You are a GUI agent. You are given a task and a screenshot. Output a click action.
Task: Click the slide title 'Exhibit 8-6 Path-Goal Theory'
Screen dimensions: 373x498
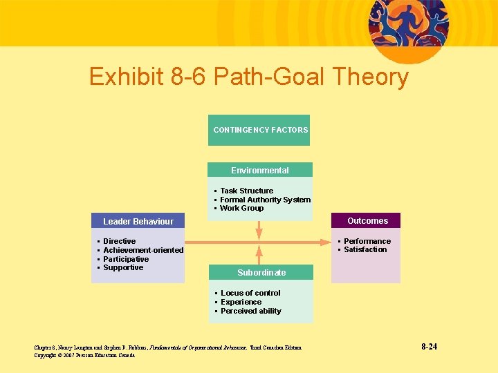pyautogui.click(x=249, y=77)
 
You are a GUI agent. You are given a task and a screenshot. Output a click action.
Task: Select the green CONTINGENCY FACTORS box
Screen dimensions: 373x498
pyautogui.click(x=259, y=130)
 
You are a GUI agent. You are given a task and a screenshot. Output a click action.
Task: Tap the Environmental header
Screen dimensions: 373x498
pyautogui.click(x=260, y=170)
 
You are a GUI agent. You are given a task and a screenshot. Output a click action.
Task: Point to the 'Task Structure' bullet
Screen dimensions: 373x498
pyautogui.click(x=246, y=191)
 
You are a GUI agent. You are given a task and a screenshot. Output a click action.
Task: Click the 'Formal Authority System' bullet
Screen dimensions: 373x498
pyautogui.click(x=265, y=200)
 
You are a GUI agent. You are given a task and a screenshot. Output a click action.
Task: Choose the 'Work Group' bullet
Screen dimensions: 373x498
pyautogui.click(x=241, y=208)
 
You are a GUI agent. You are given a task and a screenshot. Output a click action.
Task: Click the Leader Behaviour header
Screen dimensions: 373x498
pyautogui.click(x=138, y=221)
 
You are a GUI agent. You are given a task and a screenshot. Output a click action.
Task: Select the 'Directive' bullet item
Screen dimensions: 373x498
pyautogui.click(x=119, y=241)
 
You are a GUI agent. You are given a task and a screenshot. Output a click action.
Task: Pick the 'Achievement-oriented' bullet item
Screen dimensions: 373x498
pyautogui.click(x=143, y=250)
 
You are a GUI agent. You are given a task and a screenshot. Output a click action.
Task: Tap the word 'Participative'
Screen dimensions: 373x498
pyautogui.click(x=126, y=259)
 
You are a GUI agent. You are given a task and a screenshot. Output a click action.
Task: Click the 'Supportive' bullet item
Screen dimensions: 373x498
pyautogui.click(x=123, y=267)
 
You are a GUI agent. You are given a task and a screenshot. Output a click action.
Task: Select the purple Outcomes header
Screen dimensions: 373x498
pyautogui.click(x=367, y=221)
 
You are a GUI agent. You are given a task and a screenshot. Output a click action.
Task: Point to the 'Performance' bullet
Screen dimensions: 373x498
pyautogui.click(x=367, y=241)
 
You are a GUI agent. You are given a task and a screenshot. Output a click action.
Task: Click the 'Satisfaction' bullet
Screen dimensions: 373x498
pyautogui.click(x=365, y=249)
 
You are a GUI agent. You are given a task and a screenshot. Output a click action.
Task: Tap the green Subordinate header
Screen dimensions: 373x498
pyautogui.click(x=261, y=272)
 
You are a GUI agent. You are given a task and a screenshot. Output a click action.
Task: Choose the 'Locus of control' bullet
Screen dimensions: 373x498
pyautogui.click(x=250, y=293)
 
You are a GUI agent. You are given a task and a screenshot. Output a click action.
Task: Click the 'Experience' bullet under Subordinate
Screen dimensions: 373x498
pyautogui.click(x=241, y=302)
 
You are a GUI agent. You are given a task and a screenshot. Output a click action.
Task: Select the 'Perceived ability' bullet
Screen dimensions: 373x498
pyautogui.click(x=250, y=311)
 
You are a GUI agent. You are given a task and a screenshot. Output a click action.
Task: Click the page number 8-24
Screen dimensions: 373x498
pyautogui.click(x=429, y=346)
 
